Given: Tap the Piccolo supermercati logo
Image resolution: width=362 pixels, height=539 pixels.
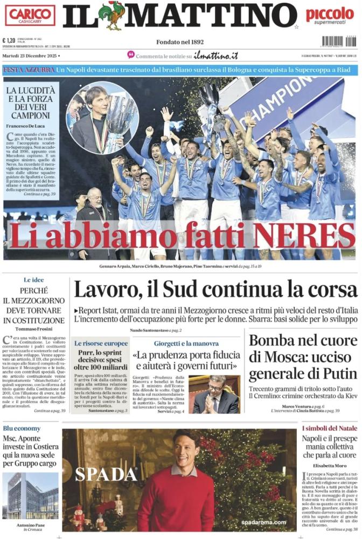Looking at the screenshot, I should (x=330, y=17).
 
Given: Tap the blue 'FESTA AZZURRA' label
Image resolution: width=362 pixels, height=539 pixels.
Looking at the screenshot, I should (x=29, y=70).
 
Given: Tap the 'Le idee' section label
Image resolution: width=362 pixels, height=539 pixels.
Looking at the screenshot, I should (x=33, y=280).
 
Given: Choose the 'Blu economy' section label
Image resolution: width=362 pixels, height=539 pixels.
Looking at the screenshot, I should (x=22, y=428).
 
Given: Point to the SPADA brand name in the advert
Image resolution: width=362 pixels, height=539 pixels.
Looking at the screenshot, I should (x=106, y=474).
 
